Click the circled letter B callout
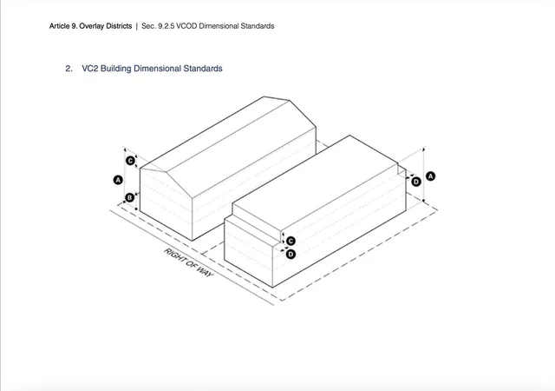(130, 197)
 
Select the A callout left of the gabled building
(118, 180)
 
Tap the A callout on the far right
(430, 176)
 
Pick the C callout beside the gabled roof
(131, 161)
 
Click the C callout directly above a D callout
(291, 242)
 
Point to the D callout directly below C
(291, 254)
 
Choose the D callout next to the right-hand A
(416, 182)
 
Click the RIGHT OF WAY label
(189, 262)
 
